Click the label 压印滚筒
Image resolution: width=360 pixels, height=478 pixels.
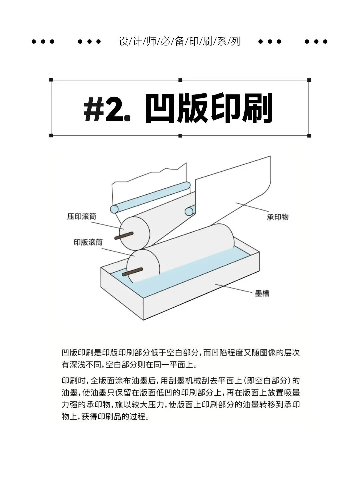coord(82,216)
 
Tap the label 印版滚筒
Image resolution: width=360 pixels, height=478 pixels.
coord(88,242)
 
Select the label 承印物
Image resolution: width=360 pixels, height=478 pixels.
coord(277,217)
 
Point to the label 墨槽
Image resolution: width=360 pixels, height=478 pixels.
coord(262,294)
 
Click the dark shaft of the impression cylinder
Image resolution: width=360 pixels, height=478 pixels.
coord(124,235)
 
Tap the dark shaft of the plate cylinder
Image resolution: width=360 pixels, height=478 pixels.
coord(132,272)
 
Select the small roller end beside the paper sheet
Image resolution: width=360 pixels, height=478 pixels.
coord(189,211)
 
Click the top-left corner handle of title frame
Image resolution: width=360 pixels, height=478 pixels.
coord(51,80)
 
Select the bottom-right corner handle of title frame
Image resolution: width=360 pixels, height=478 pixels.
coord(309,136)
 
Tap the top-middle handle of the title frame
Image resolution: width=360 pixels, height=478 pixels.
coord(180,80)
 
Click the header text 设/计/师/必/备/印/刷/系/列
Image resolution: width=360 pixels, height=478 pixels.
coord(179,41)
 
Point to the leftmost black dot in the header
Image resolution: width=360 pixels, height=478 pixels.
coord(33,42)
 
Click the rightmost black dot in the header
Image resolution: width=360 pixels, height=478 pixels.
coord(325,42)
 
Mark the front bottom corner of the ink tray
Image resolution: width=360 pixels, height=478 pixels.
coord(144,320)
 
